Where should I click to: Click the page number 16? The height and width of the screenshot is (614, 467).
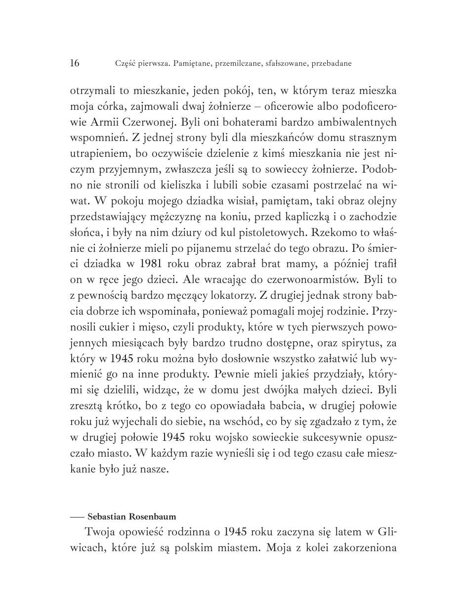(75, 63)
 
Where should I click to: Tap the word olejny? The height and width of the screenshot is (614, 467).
(382, 201)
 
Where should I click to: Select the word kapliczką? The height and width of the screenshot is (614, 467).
(293, 217)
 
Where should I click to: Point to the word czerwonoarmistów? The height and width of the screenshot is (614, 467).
(311, 280)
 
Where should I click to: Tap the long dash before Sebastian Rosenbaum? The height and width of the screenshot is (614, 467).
(77, 517)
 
